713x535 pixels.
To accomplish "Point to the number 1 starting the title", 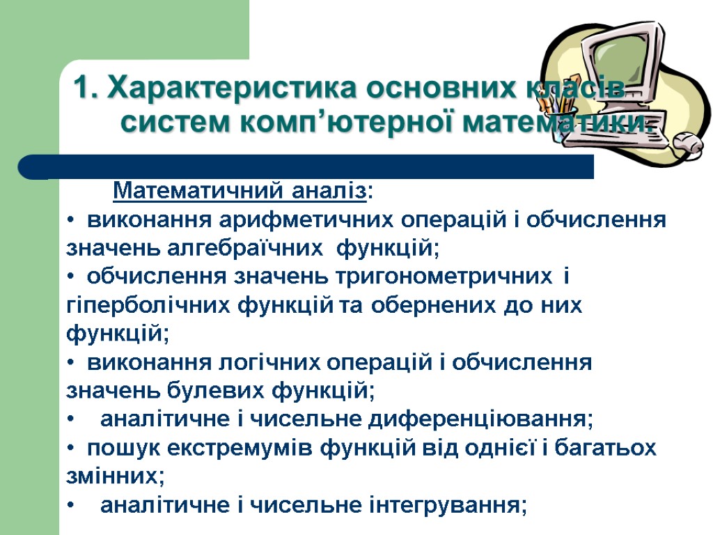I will click(82, 89).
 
